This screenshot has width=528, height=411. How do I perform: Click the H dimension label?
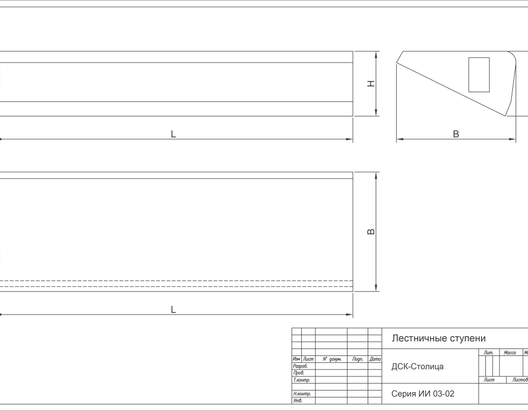tap(371, 84)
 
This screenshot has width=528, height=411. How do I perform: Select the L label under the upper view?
tap(173, 134)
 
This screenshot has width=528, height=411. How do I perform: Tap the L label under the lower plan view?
tap(173, 310)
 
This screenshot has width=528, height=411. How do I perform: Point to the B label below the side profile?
tap(456, 134)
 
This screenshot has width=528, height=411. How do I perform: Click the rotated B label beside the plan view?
tap(371, 231)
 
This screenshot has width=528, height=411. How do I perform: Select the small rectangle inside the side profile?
tap(479, 74)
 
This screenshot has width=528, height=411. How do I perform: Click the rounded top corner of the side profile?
tap(513, 55)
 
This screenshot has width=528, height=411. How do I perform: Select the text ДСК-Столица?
tap(417, 366)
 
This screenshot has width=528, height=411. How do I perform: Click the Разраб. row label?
tap(300, 366)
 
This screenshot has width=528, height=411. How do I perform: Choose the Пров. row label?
tap(299, 373)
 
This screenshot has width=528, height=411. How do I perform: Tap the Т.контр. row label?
tap(301, 380)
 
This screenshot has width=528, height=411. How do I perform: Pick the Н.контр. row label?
tap(302, 394)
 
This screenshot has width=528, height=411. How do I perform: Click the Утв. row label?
tap(297, 400)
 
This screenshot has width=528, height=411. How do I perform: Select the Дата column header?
tap(375, 359)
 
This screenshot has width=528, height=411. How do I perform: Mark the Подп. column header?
tap(357, 359)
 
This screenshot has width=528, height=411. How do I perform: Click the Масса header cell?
tap(510, 352)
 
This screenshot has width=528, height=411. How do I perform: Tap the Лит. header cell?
tap(489, 352)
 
